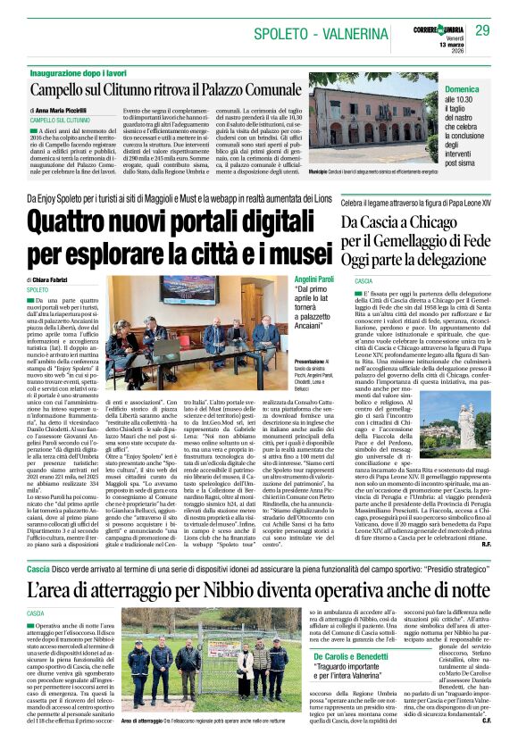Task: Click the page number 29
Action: click(483, 31)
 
